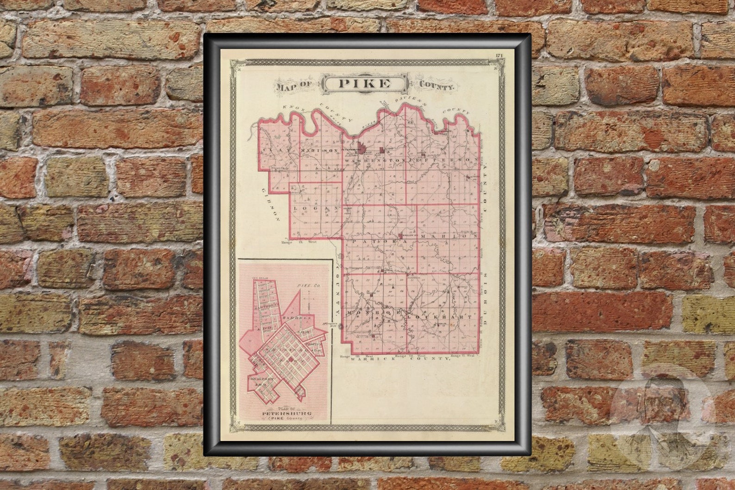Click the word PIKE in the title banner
[365, 84]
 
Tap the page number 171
[499, 56]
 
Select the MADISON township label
[318, 151]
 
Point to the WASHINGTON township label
[375, 160]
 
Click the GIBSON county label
[270, 204]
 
